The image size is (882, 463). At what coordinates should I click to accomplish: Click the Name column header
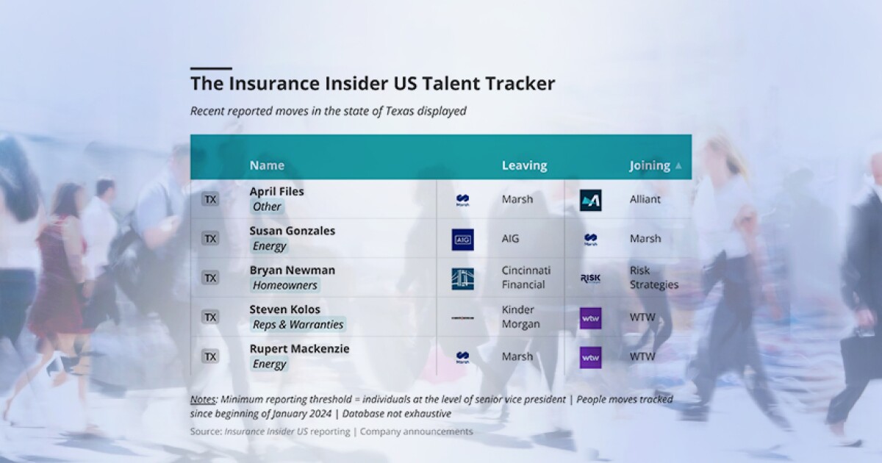point(267,165)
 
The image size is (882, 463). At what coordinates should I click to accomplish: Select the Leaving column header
point(524,165)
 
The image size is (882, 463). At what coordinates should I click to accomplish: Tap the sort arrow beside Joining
point(678,166)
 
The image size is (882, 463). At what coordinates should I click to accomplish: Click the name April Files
point(276,191)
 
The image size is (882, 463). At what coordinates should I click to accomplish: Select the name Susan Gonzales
point(292,231)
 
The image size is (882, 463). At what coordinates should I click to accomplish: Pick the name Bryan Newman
point(292,270)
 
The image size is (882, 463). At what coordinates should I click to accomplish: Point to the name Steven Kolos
point(284,309)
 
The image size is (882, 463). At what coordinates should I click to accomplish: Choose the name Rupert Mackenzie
point(299,348)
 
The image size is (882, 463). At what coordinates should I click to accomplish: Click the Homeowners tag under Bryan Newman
point(284,285)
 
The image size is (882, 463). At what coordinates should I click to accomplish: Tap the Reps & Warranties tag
point(298,324)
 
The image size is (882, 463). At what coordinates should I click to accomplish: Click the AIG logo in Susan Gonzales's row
point(462,240)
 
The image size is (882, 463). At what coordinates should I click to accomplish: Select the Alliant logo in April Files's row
point(590,200)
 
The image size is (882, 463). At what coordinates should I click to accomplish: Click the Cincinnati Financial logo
point(462,279)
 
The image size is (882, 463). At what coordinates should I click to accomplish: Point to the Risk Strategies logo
point(590,279)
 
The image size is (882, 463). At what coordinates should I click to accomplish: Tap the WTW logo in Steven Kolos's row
point(590,318)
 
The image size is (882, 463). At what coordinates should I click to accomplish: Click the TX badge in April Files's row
point(210,199)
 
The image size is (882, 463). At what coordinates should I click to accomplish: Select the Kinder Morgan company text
point(518,317)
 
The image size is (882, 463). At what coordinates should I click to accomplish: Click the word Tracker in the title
point(520,83)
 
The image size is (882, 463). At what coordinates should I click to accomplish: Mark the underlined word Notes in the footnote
point(203,399)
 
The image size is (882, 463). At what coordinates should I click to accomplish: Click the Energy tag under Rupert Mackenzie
point(269,364)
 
